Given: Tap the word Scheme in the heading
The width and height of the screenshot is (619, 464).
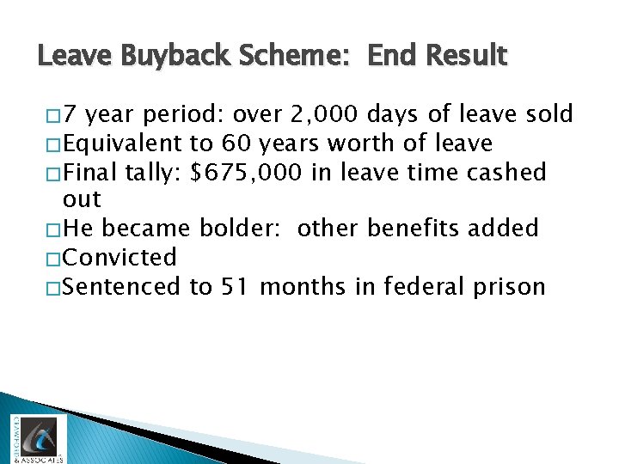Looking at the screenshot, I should [285, 57].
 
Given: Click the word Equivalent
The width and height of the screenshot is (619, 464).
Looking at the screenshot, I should [123, 143].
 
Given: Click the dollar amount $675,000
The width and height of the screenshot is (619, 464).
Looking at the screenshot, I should [247, 172].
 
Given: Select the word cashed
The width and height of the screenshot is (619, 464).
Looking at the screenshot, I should [508, 172].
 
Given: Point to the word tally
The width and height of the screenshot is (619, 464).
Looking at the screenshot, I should [152, 172].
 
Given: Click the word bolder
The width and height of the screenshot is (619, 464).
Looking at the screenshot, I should [242, 229].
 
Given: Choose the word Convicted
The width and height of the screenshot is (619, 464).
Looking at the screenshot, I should [120, 257].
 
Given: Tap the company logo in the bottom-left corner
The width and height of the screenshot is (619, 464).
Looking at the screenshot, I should [36, 438].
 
